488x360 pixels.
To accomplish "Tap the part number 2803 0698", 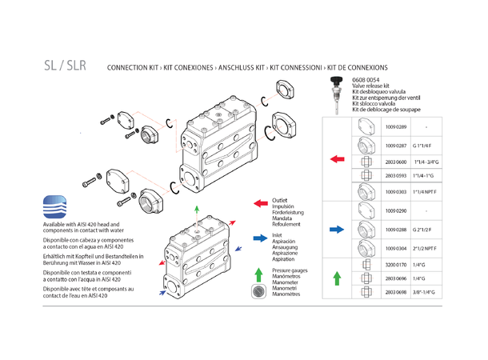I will click(398, 294).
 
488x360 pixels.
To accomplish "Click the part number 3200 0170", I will click(398, 263).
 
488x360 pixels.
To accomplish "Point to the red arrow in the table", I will click(337, 160).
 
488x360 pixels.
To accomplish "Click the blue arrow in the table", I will click(337, 230).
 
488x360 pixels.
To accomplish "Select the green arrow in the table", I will click(337, 278).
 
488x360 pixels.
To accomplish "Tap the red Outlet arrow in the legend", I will click(259, 204).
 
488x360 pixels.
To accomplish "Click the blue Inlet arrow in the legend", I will click(259, 238).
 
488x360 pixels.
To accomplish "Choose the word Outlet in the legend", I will click(280, 200).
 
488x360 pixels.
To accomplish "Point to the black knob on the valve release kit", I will click(335, 81).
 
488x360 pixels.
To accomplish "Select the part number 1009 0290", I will click(398, 210).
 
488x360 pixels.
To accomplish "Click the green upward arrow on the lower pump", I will click(197, 210).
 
